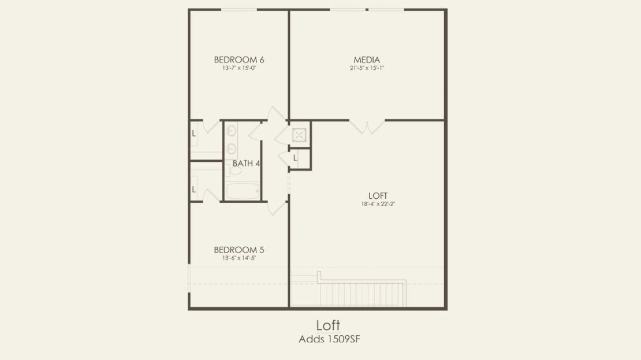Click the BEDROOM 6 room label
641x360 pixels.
click(x=239, y=60)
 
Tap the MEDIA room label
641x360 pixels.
click(x=367, y=60)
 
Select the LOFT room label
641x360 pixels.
click(x=378, y=195)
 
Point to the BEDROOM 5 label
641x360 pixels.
click(x=239, y=250)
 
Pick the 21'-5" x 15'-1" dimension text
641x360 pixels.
click(x=367, y=68)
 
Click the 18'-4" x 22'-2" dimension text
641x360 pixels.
click(x=378, y=204)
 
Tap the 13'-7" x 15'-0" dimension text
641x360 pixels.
click(x=239, y=68)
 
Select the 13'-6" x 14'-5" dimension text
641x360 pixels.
click(x=239, y=258)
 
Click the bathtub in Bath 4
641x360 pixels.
click(x=243, y=191)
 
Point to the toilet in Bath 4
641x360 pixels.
click(x=233, y=169)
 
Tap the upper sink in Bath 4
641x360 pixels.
click(x=231, y=131)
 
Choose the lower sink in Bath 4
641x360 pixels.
click(x=231, y=149)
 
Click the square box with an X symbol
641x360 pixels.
click(x=299, y=135)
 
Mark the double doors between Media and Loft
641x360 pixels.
click(x=367, y=127)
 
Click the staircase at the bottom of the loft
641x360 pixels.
click(x=363, y=294)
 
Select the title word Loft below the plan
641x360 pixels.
click(x=328, y=325)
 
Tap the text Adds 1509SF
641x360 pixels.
click(x=330, y=339)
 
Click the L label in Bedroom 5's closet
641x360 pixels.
click(x=194, y=190)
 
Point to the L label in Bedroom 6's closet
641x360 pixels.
click(x=194, y=134)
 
